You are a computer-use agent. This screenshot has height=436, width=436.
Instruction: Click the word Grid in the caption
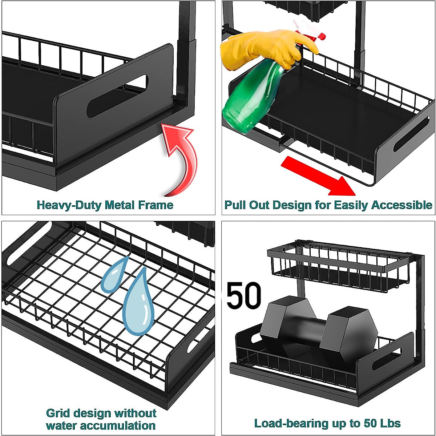[58, 413]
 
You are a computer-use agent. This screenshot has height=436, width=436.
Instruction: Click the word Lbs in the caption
[390, 423]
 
